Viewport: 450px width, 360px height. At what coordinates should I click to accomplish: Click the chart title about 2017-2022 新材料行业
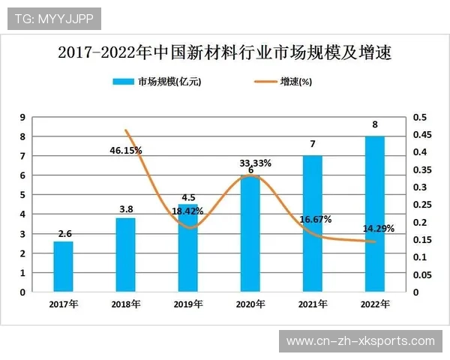click(x=224, y=53)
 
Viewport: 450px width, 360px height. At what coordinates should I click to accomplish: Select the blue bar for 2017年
click(x=64, y=266)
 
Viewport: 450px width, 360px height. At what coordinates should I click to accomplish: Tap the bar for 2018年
click(x=126, y=254)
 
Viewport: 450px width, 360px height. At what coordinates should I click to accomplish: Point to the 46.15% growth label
click(x=125, y=150)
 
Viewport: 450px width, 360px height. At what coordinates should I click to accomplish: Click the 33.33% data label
click(x=255, y=163)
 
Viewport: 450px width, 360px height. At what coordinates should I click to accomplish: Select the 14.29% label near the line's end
click(x=378, y=228)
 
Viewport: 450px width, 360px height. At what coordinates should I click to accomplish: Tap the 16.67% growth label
click(x=315, y=219)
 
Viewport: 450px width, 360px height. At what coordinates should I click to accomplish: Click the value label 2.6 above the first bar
click(x=64, y=233)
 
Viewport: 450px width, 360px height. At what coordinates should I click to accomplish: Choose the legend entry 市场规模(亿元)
click(x=157, y=81)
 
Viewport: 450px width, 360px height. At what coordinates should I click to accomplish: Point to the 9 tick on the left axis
click(x=23, y=117)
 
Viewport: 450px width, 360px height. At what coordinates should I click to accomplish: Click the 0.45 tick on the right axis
click(x=421, y=135)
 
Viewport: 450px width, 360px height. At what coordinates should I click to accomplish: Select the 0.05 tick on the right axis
click(x=421, y=274)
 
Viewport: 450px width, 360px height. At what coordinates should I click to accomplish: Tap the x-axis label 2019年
click(x=188, y=304)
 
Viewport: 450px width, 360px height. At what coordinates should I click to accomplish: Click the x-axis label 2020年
click(x=250, y=304)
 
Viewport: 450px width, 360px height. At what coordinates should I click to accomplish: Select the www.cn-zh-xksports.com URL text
click(x=361, y=341)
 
